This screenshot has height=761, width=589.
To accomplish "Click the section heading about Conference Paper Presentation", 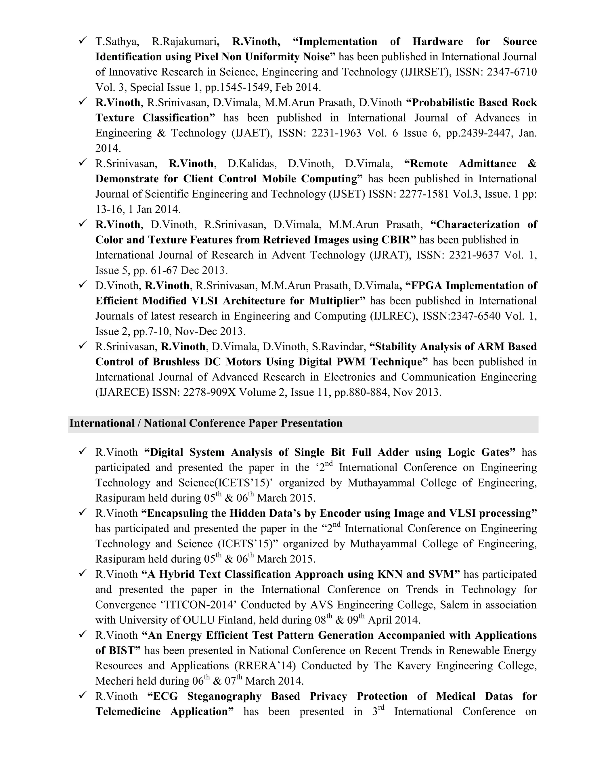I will [206, 423].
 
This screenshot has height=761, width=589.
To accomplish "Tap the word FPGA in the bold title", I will [427, 286].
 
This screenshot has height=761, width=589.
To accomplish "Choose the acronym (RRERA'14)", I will [265, 666].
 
